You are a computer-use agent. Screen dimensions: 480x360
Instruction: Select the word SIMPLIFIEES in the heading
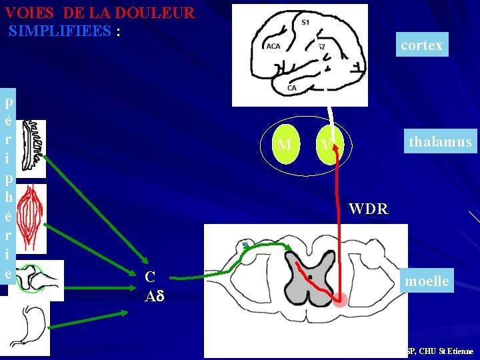point(60,31)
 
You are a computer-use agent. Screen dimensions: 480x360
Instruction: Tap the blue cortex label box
point(421,45)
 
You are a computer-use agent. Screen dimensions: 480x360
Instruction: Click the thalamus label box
point(440,141)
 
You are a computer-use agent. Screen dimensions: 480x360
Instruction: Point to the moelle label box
point(427,281)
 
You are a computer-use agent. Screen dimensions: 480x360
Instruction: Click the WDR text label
point(368,209)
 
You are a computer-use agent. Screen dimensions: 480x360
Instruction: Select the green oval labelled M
point(285,144)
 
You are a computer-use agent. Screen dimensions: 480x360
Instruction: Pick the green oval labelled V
point(328,144)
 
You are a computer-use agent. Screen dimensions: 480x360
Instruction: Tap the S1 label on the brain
point(305,23)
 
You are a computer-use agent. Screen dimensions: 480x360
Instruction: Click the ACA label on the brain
point(273,46)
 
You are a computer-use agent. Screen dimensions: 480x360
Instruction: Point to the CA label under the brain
point(292,88)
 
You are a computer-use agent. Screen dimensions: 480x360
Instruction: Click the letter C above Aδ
point(150,277)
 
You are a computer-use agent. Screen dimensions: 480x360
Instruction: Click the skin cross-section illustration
point(33,148)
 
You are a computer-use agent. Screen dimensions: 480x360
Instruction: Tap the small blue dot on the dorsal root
point(245,245)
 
